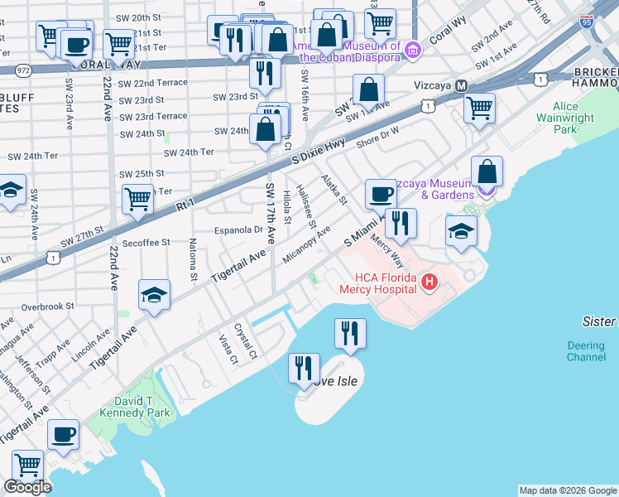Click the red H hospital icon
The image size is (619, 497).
429,283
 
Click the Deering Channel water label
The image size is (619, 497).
586,351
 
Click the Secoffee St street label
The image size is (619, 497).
145,243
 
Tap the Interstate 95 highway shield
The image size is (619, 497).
587,22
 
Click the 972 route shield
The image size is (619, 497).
23,70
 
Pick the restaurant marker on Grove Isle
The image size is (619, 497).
304,368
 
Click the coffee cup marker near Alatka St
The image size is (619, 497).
381,194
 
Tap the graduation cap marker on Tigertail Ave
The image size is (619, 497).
154,296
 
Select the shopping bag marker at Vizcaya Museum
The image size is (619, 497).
488,171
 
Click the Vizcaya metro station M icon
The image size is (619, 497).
461,86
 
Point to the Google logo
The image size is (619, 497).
27,487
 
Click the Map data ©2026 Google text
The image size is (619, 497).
568,490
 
